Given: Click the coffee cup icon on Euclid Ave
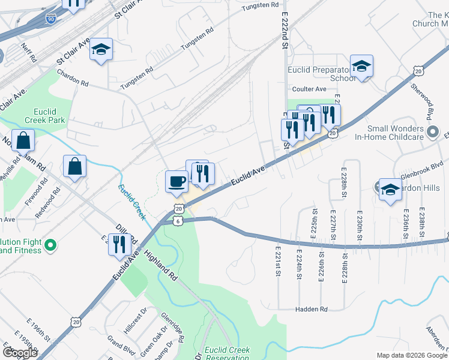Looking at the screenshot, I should click(176, 181).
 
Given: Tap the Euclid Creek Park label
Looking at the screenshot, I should click(45, 116).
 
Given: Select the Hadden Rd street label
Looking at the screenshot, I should click(311, 310).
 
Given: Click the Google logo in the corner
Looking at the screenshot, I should click(20, 353).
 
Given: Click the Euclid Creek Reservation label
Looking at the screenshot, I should click(227, 353).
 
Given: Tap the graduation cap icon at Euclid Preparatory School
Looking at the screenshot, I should click(362, 66).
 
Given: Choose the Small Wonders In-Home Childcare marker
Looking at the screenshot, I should click(433, 132).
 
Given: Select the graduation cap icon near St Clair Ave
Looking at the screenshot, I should click(101, 50).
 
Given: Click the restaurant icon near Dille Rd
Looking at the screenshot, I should click(119, 244).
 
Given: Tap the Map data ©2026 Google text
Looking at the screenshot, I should click(412, 355).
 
